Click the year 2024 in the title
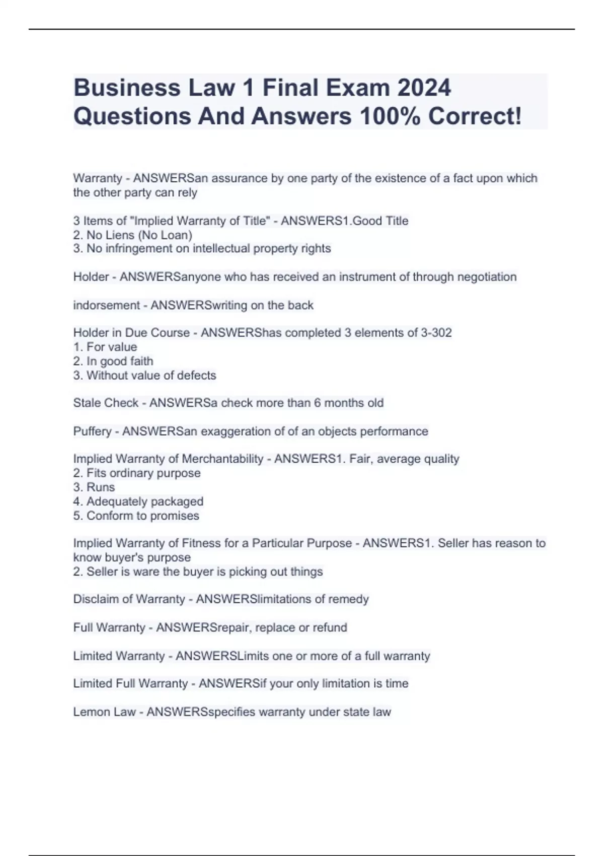click(424, 88)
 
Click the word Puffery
click(92, 431)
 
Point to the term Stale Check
click(106, 403)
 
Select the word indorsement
click(107, 305)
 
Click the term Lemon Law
click(104, 711)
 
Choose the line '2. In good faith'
click(113, 361)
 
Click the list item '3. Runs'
click(94, 487)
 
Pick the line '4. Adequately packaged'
click(138, 501)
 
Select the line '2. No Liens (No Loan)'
click(133, 235)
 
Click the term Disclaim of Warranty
click(129, 599)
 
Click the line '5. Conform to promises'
click(136, 516)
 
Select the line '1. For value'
click(105, 347)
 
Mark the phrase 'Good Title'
click(380, 221)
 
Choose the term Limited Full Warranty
click(130, 683)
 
